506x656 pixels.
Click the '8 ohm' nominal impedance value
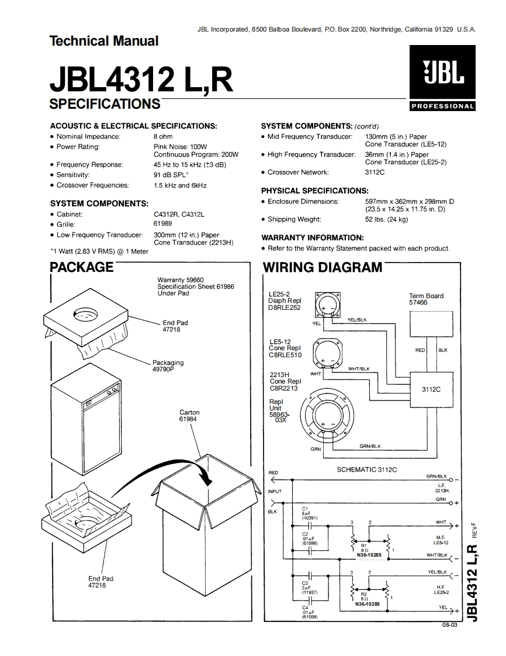[x=163, y=136]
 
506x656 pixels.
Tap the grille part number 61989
[x=162, y=224]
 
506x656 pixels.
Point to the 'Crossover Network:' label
[x=298, y=172]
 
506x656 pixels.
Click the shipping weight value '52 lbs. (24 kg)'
[x=386, y=220]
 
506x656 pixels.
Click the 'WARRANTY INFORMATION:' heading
[x=312, y=238]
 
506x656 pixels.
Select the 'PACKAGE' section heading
[x=81, y=268]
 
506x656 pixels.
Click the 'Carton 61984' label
[x=189, y=416]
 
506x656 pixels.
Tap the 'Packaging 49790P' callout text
[x=168, y=366]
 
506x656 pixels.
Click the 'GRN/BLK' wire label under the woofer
[x=369, y=446]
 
